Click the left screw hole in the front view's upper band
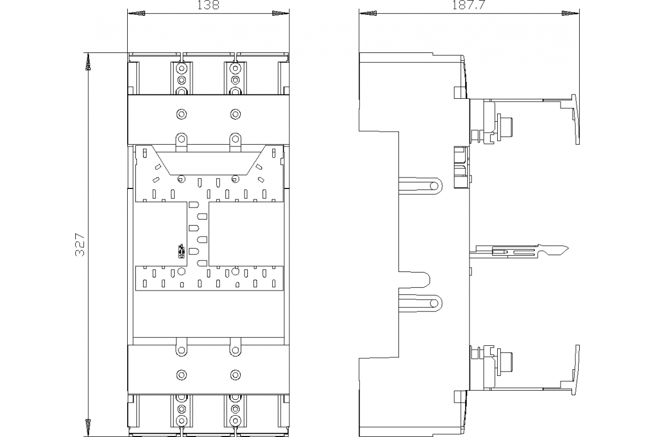181,114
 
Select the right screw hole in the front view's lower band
235,375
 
